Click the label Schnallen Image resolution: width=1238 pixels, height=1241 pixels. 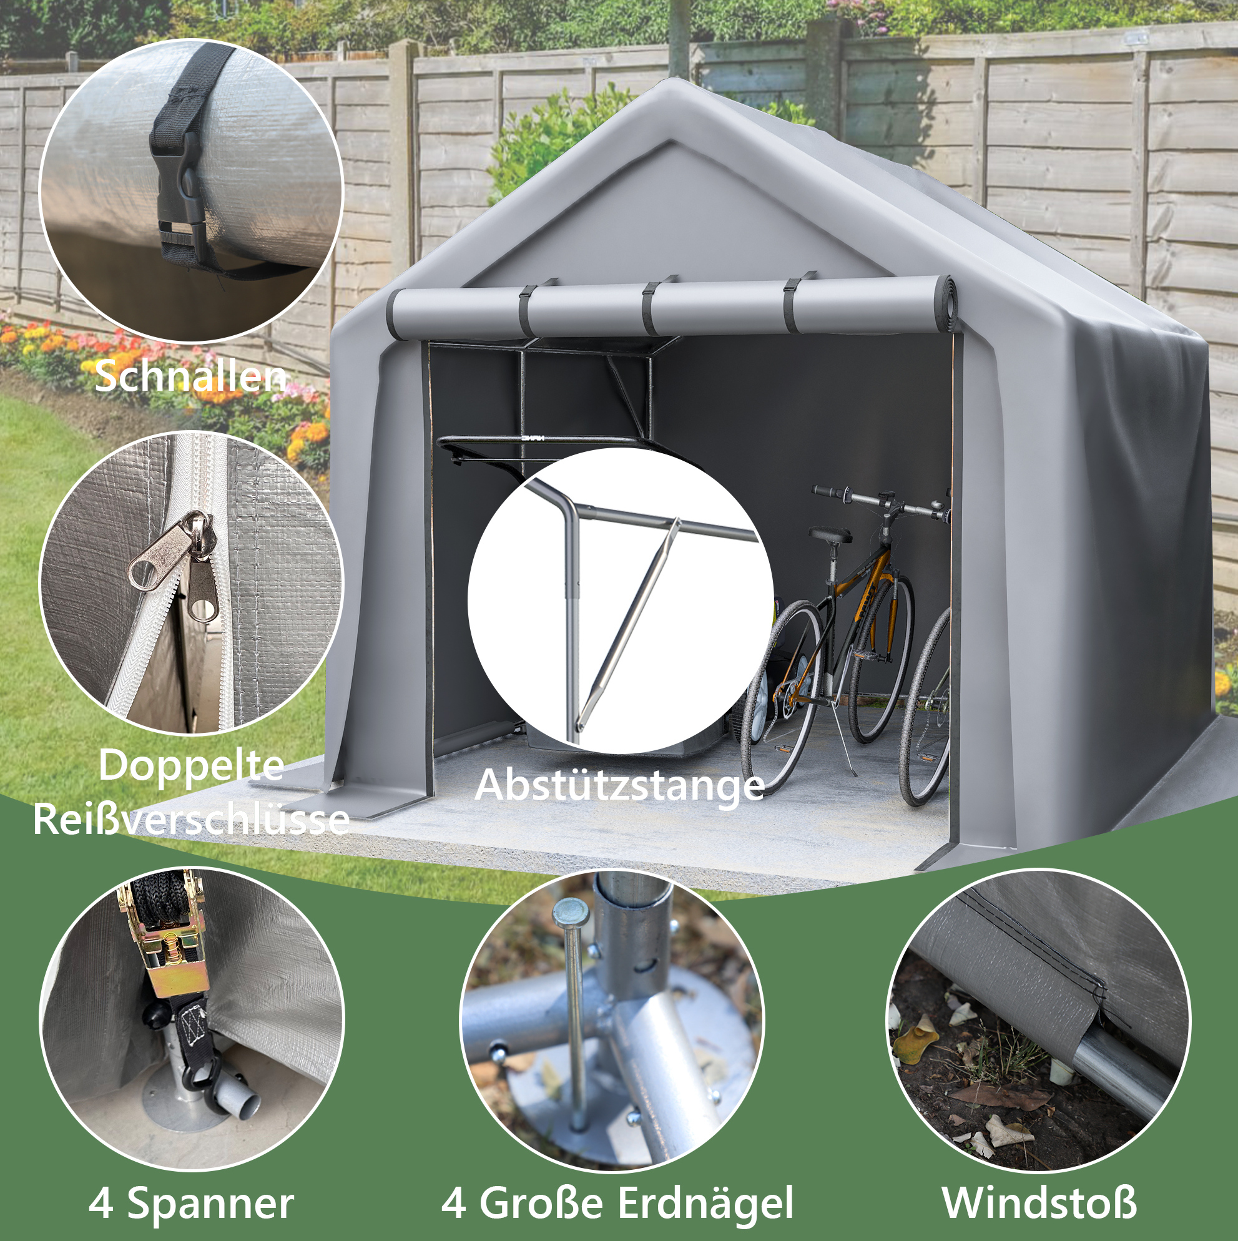click(x=190, y=376)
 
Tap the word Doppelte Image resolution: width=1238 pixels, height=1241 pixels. click(x=192, y=767)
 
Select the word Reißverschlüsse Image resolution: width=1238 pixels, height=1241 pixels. click(x=192, y=819)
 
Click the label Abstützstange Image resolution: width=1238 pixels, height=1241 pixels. click(x=619, y=785)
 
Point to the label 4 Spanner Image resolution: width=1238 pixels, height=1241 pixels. click(x=192, y=1203)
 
